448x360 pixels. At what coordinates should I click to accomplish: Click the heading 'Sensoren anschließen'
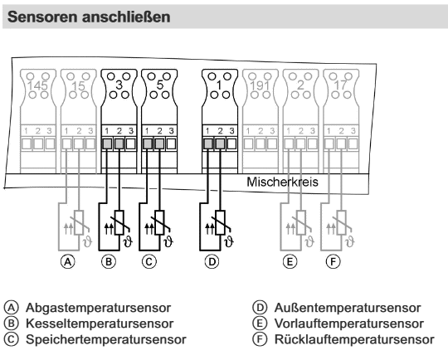[89, 17]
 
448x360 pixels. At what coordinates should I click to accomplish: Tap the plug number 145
[37, 86]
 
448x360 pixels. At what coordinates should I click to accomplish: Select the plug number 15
[78, 86]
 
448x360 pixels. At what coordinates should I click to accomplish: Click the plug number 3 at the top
[119, 85]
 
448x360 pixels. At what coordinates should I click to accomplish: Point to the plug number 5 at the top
[159, 85]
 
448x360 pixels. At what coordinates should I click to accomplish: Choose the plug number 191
[260, 85]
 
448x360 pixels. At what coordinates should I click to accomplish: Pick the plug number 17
[341, 85]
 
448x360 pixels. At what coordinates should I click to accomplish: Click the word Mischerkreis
[282, 182]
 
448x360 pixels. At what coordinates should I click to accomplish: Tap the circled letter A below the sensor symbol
[68, 262]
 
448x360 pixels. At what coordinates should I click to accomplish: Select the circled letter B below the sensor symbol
[109, 262]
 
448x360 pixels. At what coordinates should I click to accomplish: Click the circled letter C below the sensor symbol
[149, 262]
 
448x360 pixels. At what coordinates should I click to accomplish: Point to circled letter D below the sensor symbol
[212, 262]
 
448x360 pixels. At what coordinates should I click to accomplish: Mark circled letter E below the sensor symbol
[290, 262]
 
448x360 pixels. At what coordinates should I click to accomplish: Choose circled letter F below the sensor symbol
[334, 262]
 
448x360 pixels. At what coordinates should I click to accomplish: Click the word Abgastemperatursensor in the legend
[98, 308]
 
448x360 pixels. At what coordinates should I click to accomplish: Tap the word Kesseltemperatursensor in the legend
[100, 324]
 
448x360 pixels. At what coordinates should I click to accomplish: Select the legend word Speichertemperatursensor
[106, 340]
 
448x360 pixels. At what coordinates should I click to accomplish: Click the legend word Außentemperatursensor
[348, 308]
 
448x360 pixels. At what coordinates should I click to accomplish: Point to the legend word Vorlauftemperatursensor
[348, 324]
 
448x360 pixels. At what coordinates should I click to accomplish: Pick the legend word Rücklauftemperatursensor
[354, 340]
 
